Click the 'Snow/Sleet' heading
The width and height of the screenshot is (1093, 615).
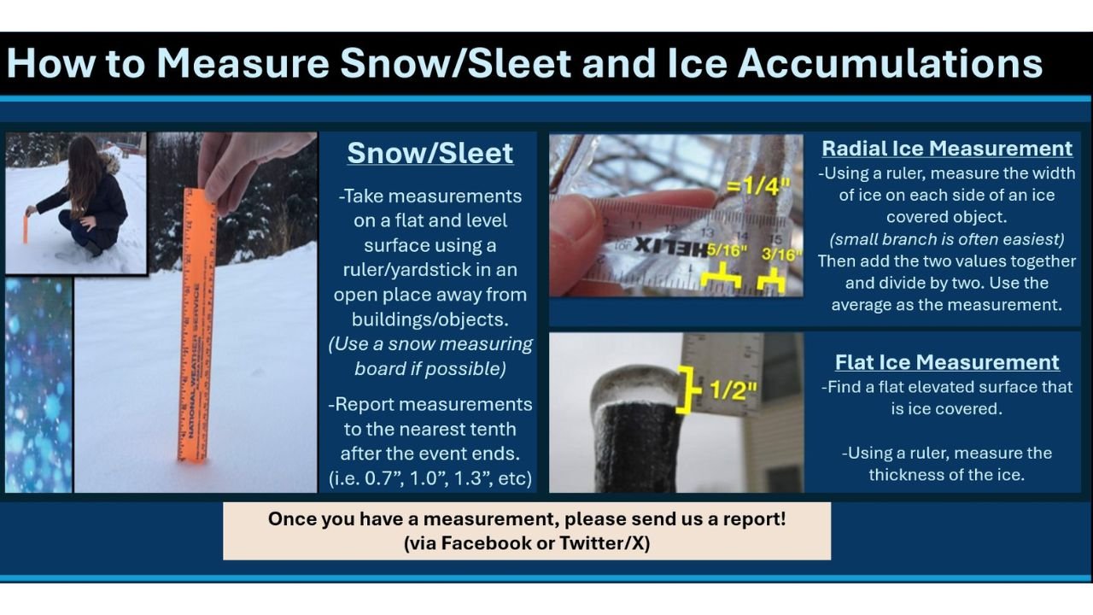click(430, 153)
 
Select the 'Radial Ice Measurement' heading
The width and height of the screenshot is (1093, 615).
click(947, 149)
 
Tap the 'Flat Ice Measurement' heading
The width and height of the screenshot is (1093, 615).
click(947, 362)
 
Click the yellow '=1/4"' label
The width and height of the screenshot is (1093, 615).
click(757, 185)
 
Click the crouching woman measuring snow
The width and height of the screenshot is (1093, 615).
click(85, 201)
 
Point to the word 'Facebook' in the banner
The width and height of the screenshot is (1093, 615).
click(486, 543)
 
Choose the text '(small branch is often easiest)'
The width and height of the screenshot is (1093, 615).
click(946, 239)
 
